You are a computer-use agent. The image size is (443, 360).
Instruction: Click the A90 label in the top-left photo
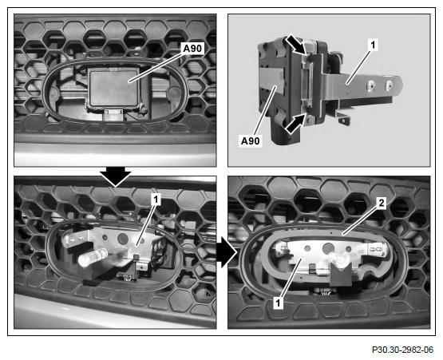[192, 49]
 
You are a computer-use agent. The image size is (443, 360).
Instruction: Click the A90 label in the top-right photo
[251, 140]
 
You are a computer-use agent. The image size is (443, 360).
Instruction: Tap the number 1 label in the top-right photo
[373, 45]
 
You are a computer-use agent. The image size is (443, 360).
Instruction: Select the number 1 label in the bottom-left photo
[156, 200]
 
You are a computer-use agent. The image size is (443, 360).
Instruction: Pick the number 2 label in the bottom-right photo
[382, 203]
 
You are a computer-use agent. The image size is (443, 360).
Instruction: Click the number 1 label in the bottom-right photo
[279, 303]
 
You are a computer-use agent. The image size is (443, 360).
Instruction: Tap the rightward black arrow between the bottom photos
[227, 252]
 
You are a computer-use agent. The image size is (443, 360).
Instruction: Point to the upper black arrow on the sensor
[296, 45]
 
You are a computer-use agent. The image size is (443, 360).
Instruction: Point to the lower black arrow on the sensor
[296, 124]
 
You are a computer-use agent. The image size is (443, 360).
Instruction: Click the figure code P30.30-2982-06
[402, 350]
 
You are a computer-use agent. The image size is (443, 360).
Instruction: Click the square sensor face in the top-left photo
[114, 88]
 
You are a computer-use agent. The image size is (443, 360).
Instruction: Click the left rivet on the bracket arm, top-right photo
[371, 85]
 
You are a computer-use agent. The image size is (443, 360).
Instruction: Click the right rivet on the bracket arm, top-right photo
[390, 84]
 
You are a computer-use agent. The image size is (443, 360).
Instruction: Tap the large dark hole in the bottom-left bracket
[123, 239]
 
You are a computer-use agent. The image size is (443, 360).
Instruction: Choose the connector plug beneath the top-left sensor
[113, 114]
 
